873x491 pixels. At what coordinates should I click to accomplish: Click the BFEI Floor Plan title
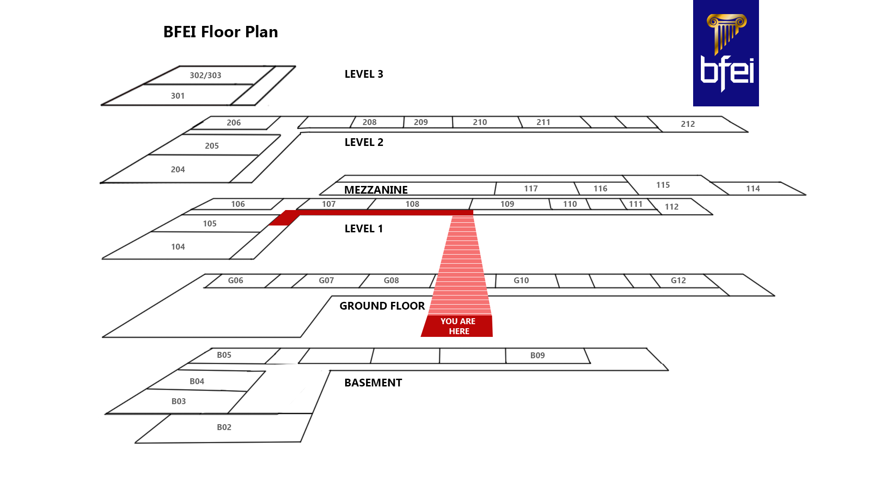click(220, 32)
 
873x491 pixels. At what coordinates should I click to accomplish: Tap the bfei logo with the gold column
click(725, 53)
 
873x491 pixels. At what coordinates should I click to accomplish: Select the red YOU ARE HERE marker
click(457, 326)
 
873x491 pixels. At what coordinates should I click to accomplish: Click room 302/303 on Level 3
click(205, 75)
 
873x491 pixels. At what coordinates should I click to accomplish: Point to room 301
click(178, 96)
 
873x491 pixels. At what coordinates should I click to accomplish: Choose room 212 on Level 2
click(688, 124)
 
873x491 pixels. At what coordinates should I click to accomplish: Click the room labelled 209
click(421, 122)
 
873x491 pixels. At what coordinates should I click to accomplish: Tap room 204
click(178, 170)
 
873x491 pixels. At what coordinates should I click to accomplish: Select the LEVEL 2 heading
click(364, 142)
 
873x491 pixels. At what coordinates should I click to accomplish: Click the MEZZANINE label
click(376, 190)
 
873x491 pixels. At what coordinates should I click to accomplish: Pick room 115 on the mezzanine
click(663, 185)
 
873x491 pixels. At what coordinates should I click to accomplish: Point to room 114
click(753, 189)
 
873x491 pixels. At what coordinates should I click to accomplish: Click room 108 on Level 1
click(412, 204)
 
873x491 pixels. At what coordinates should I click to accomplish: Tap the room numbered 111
click(635, 204)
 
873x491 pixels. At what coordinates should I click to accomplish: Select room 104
click(178, 247)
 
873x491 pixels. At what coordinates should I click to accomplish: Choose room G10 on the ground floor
click(521, 281)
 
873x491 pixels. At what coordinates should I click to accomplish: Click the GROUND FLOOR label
click(382, 306)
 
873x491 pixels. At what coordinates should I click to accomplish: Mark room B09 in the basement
click(537, 356)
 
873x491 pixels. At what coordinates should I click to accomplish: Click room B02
click(224, 427)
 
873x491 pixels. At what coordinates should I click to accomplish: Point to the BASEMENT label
click(373, 383)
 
